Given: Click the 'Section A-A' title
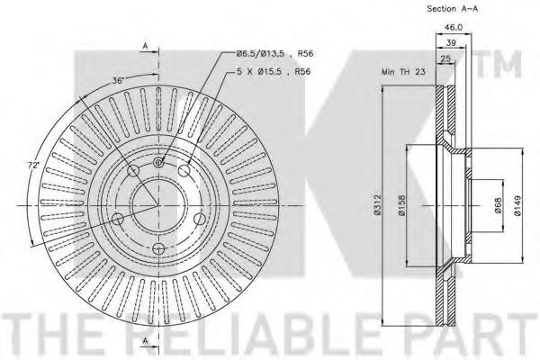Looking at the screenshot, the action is click(452, 9).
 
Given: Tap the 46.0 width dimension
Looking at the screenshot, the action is click(454, 27).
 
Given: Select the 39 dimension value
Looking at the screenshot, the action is click(451, 42).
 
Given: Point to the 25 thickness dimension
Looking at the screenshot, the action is click(445, 58).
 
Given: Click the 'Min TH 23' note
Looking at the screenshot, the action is click(403, 72).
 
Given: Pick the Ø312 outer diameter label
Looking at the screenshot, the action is click(378, 205).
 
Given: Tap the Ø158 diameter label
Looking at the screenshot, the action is click(402, 206).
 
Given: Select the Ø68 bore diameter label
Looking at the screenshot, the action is click(499, 205).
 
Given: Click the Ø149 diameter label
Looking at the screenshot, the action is click(517, 206).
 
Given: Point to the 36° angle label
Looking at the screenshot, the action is click(117, 81).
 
